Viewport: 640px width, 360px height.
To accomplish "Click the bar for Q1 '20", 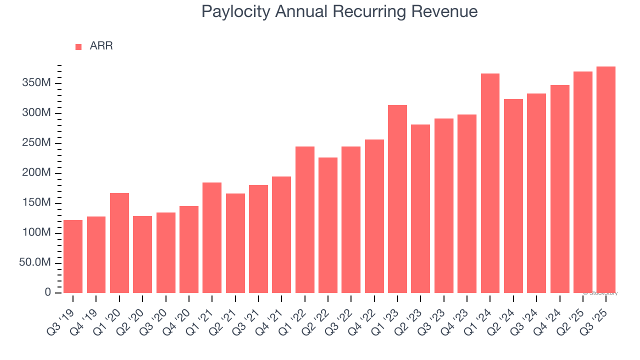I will [119, 243].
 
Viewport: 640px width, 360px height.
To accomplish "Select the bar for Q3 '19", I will [73, 256].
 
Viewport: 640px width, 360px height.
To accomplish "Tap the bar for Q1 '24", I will [490, 183].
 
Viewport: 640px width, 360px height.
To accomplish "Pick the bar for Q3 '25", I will [606, 179].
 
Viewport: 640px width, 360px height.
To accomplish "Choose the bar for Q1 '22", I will [305, 219].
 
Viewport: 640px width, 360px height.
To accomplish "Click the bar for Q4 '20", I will [189, 249].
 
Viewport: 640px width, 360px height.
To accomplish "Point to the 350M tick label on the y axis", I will [36, 83].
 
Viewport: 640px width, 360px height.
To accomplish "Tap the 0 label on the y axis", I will [48, 292].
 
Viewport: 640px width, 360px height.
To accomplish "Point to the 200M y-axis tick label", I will [36, 173].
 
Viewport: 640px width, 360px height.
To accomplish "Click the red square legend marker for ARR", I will [78, 47].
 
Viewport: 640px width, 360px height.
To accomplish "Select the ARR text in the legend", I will [101, 46].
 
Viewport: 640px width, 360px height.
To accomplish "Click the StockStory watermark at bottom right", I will [601, 293].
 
